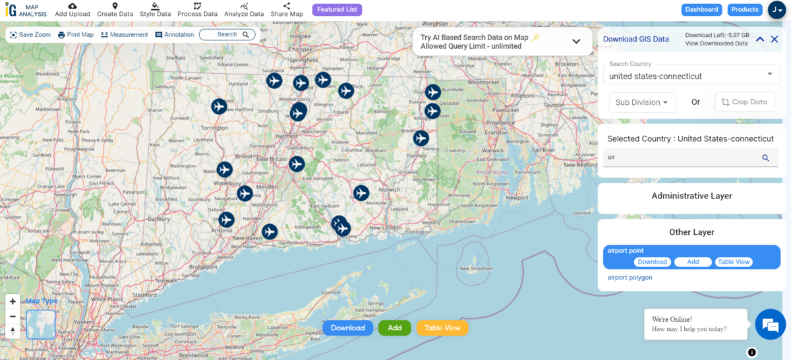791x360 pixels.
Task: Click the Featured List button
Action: pos(337,10)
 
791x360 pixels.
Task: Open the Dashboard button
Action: pos(701,10)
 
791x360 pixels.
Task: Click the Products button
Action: pos(745,10)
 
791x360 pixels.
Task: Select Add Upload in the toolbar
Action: pos(73,10)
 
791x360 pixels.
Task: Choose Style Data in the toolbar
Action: pos(155,10)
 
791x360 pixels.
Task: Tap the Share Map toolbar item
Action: pos(287,10)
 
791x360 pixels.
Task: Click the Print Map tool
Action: pos(76,35)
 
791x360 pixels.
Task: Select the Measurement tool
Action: pos(124,35)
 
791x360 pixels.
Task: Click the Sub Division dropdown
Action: pos(642,102)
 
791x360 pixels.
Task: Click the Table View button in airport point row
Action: pos(734,262)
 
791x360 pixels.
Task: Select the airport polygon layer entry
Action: pos(630,278)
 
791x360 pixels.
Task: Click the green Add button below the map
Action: pos(394,328)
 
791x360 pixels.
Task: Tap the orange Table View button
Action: pos(442,328)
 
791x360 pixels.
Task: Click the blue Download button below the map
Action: pos(347,328)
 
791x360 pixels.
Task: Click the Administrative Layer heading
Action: pos(691,196)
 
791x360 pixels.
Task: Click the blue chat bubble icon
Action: pos(770,325)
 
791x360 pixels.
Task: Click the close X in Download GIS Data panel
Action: pos(775,40)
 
